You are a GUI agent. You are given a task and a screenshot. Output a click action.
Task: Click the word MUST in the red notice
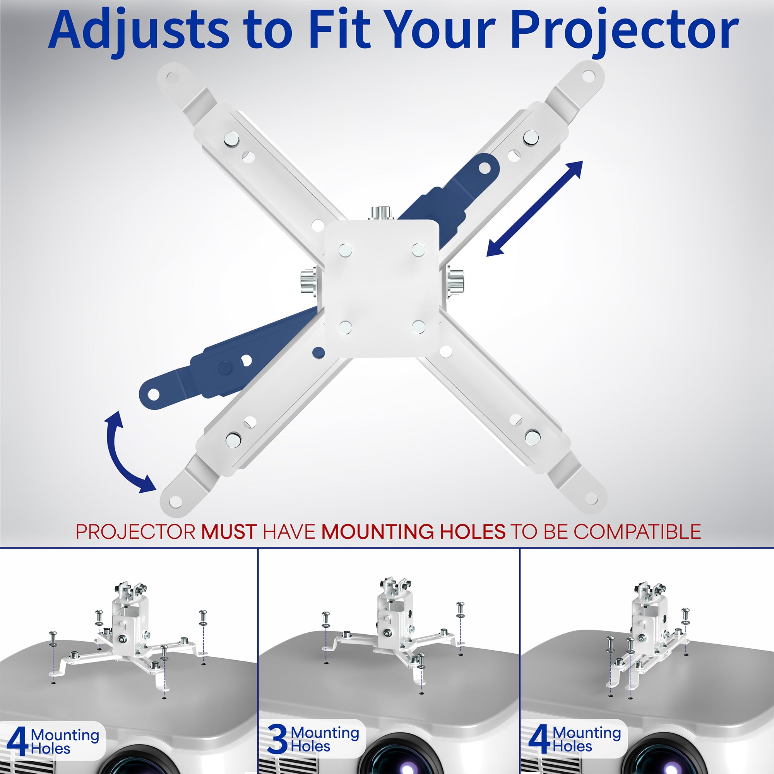coord(229,532)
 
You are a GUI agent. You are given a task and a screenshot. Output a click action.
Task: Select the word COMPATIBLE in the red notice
coord(637,532)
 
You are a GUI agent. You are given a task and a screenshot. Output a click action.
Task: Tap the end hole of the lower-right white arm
coord(591,498)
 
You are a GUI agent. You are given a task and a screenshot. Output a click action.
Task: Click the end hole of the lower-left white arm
coord(175,502)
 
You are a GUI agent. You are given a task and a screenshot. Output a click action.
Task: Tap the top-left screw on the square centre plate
coord(345,251)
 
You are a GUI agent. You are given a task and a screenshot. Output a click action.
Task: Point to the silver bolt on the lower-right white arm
coord(533,436)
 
